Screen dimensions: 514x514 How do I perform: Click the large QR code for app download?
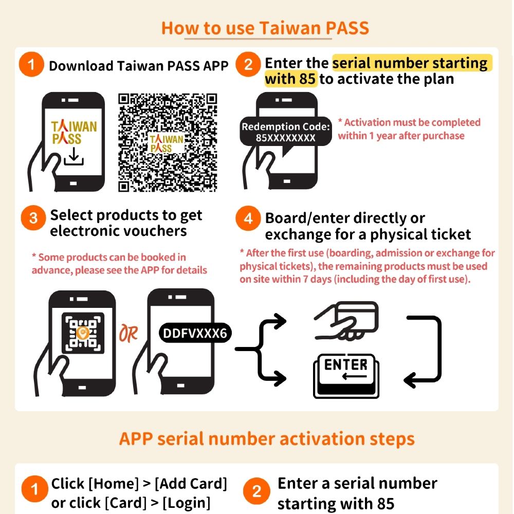(x=168, y=142)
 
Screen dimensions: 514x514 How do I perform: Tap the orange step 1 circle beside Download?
(x=32, y=66)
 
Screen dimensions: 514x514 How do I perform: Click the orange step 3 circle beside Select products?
(x=33, y=218)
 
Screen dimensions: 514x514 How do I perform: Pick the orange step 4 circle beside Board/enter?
(x=248, y=219)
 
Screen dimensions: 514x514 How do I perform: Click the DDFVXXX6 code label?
(x=194, y=334)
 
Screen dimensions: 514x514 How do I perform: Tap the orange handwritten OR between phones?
(x=128, y=334)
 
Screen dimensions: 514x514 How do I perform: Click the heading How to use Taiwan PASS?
(x=265, y=28)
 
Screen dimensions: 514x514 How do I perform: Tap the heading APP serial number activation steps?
(x=267, y=439)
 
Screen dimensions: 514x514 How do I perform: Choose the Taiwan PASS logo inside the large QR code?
(x=166, y=143)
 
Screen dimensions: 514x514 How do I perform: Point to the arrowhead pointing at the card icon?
(x=280, y=322)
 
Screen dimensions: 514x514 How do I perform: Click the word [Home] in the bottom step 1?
(x=114, y=484)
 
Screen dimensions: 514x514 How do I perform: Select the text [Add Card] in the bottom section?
(x=191, y=484)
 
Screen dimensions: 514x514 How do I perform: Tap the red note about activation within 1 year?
(x=409, y=129)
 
